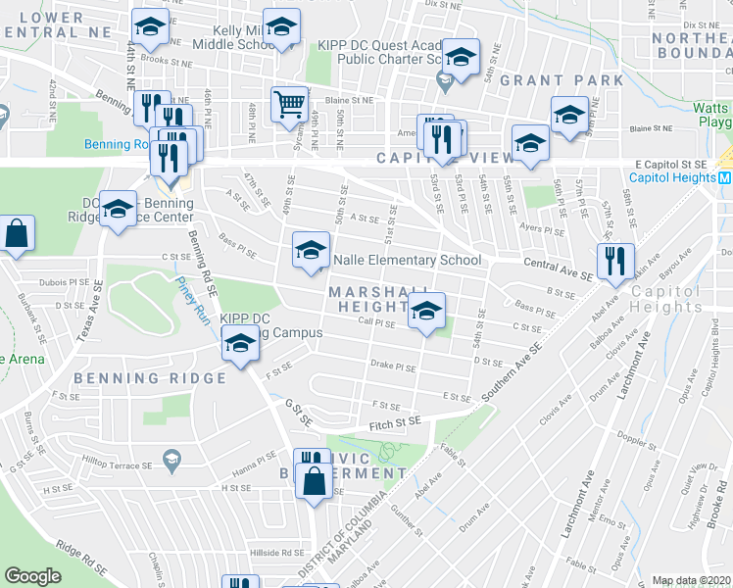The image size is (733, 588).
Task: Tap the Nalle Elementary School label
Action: pos(408,260)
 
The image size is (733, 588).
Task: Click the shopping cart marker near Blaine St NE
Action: pos(289,102)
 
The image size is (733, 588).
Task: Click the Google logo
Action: pos(33,576)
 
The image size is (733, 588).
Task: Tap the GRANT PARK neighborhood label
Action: pos(562,79)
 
